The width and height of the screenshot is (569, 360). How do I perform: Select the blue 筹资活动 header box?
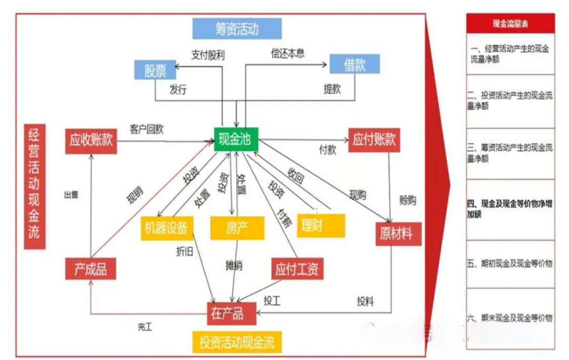click(x=237, y=28)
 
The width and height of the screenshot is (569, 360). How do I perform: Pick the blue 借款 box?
click(x=355, y=64)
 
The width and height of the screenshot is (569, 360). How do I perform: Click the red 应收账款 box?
click(x=91, y=140)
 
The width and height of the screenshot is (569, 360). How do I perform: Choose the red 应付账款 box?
click(x=374, y=140)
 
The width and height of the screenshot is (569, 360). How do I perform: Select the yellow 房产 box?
click(x=237, y=228)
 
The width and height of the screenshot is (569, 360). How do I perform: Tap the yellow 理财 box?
click(x=321, y=226)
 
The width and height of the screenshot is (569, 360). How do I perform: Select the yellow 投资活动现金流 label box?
click(x=237, y=343)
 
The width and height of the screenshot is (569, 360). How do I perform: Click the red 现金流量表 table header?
click(x=510, y=23)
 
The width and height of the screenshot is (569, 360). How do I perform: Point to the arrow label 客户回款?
click(x=146, y=129)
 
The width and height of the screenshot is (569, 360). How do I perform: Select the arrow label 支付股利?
click(x=208, y=54)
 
